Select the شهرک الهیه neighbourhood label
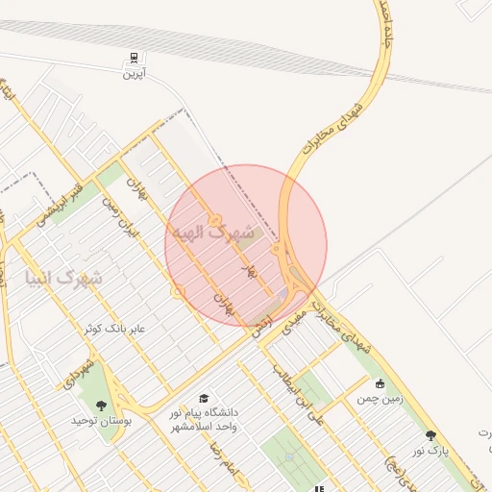212,234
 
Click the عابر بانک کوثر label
113,329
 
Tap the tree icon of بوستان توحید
103,406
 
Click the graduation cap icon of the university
203,399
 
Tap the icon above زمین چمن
381,383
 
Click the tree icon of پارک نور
430,435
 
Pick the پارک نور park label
431,450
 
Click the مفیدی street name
292,319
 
